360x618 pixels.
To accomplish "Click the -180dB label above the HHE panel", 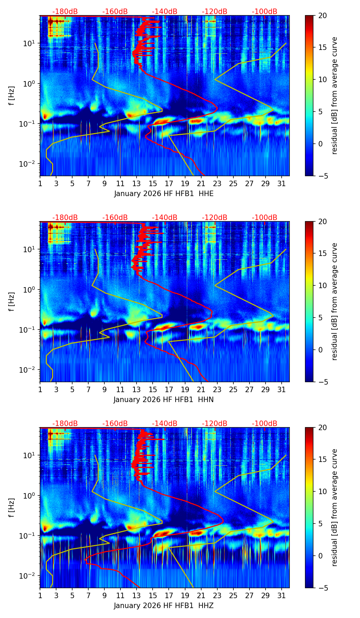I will (65, 12).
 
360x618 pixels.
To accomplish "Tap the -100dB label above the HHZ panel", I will (265, 424).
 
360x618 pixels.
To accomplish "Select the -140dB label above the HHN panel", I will (165, 218).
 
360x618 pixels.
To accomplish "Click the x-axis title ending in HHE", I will (164, 194).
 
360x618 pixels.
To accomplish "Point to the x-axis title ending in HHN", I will (164, 400).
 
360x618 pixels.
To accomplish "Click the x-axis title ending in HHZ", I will (164, 606).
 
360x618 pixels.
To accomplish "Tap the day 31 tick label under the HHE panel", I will (282, 184).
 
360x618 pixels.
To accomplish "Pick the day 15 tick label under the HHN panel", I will (153, 390).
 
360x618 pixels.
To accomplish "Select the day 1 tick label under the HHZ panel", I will (40, 596).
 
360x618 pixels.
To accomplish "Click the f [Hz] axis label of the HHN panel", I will (12, 301).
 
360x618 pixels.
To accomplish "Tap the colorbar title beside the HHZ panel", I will (335, 507).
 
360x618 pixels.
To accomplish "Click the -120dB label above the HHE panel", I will (215, 12).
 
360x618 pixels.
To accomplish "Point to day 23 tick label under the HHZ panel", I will (217, 596).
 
